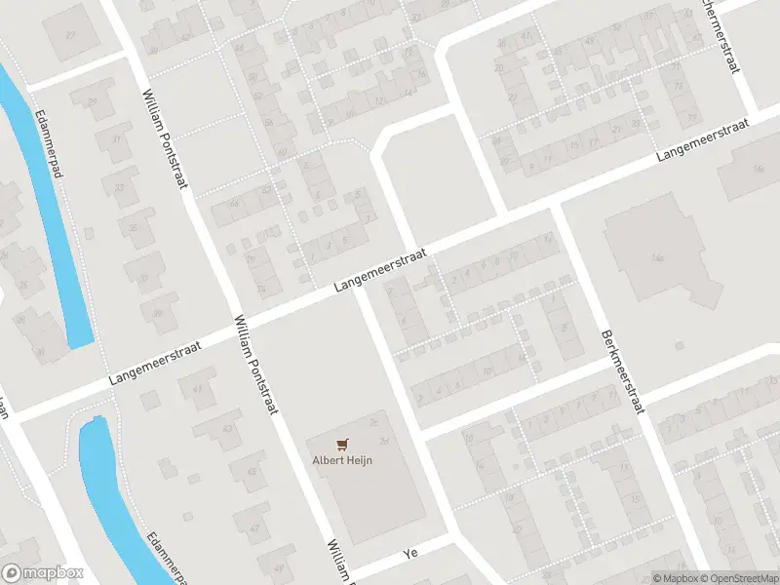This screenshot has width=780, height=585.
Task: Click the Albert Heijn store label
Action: (342, 461)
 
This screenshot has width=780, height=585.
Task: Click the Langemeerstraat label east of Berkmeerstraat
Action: (702, 141)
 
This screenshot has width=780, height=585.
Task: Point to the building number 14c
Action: (758, 169)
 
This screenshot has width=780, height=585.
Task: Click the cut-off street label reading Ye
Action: (410, 553)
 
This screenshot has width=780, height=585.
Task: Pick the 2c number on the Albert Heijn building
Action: (374, 422)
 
